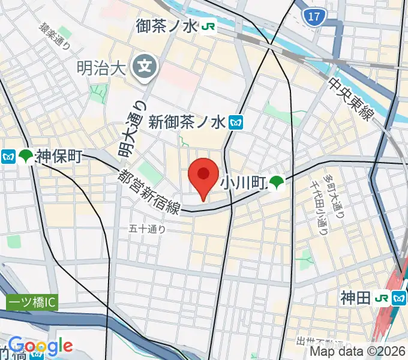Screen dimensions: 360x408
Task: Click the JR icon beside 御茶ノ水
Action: pyautogui.click(x=209, y=26)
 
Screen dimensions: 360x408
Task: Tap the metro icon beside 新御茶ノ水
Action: pyautogui.click(x=235, y=122)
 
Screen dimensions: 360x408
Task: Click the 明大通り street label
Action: pyautogui.click(x=133, y=130)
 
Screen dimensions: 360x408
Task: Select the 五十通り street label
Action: pyautogui.click(x=147, y=228)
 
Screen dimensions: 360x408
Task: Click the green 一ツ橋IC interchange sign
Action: pyautogui.click(x=32, y=303)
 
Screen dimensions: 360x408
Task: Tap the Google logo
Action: pyautogui.click(x=40, y=346)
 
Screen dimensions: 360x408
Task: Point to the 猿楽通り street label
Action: pyautogui.click(x=55, y=36)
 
